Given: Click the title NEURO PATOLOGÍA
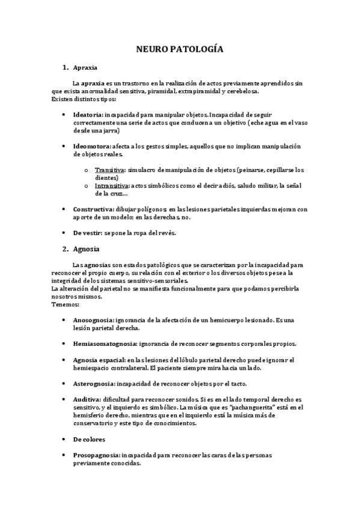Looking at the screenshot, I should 180,49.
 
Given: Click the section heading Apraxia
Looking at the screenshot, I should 85,68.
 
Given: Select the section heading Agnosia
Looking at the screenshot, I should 86,248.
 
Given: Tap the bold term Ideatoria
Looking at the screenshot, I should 87,114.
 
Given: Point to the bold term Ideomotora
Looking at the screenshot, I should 91,146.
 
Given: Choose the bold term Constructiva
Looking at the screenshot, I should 93,209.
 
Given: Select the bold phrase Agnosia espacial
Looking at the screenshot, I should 99,360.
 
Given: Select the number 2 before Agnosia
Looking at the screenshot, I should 65,248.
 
